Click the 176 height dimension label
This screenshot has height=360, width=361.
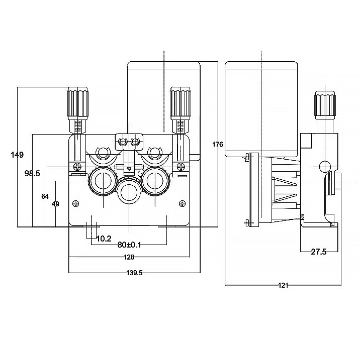[217, 144]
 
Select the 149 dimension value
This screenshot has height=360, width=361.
[17, 155]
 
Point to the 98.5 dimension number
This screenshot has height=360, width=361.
[32, 173]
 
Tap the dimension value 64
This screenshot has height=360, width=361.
[45, 196]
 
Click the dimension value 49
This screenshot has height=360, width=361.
[55, 204]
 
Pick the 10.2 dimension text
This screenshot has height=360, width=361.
[104, 238]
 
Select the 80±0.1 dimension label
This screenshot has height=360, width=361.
[129, 245]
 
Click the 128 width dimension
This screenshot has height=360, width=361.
[129, 257]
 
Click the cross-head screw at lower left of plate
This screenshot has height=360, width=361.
[76, 203]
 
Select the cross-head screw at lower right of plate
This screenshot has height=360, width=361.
[182, 203]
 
